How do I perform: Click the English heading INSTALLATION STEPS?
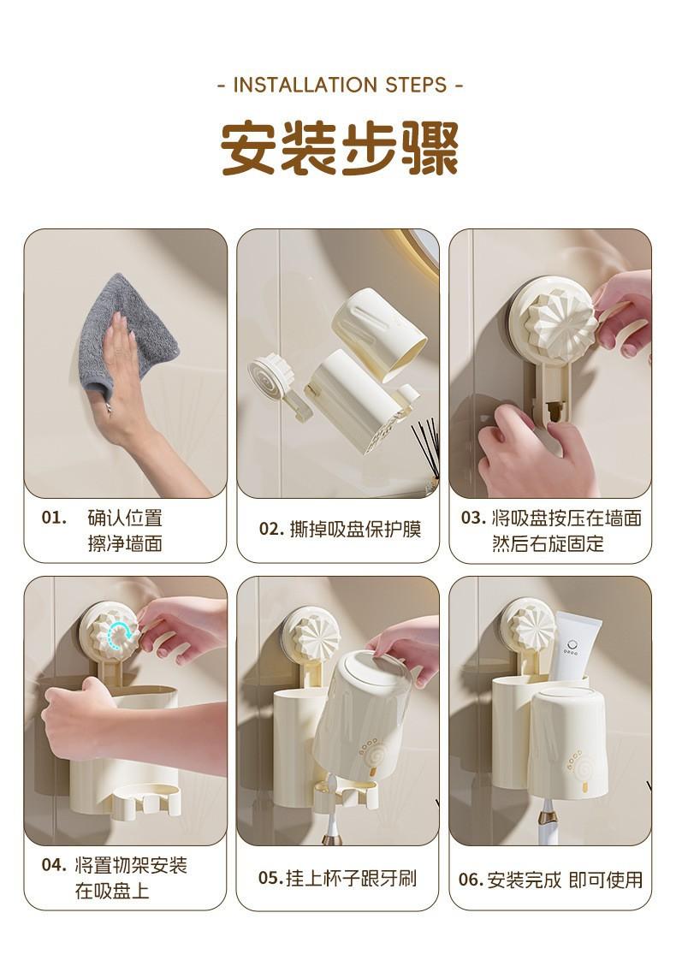click(x=340, y=85)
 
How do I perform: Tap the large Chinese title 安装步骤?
click(x=340, y=149)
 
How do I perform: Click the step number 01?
click(x=54, y=518)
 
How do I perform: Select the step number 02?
click(x=271, y=530)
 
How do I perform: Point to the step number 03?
click(x=474, y=518)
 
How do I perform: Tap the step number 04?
click(x=54, y=865)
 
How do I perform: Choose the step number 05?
click(x=270, y=878)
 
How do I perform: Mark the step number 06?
click(x=471, y=879)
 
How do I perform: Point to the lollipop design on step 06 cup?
click(x=577, y=770)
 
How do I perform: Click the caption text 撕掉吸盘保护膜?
click(x=356, y=530)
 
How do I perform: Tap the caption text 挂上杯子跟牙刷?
click(x=351, y=878)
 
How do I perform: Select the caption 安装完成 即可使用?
click(x=565, y=879)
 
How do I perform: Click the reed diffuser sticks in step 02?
click(x=426, y=446)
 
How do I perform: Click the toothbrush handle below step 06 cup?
click(x=546, y=822)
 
